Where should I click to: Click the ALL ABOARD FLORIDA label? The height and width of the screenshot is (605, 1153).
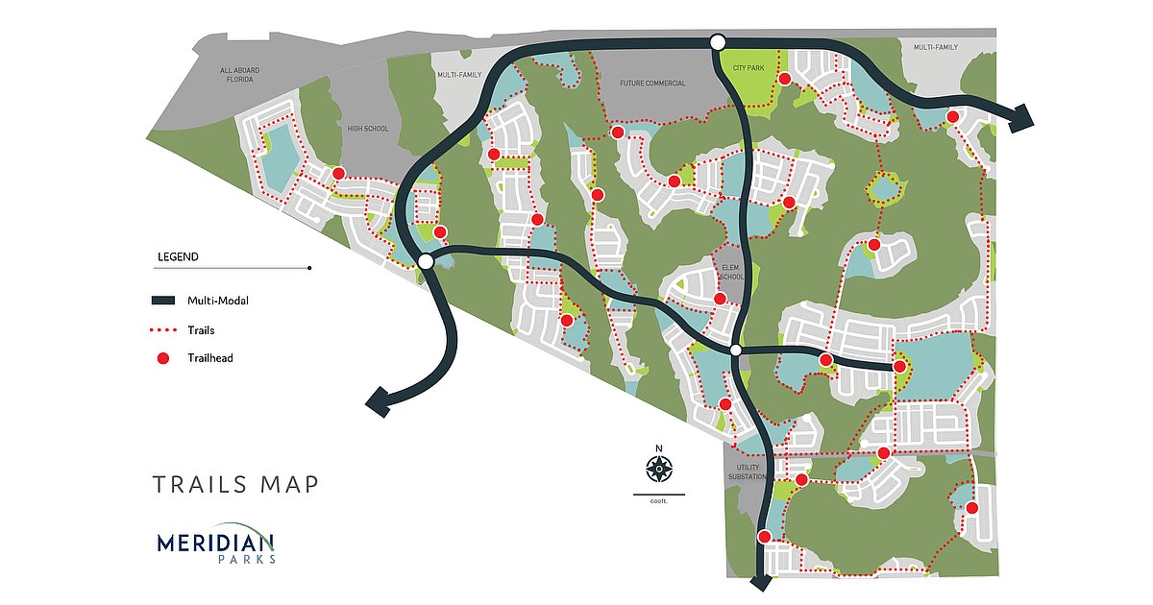pos(239,75)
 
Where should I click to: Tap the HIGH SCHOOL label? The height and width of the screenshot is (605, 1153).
pos(368,128)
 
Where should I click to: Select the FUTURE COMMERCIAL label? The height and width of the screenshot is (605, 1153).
pos(652,84)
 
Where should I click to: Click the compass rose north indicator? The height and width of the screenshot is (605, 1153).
pos(658,469)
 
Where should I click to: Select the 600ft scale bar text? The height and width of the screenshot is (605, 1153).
pos(658,502)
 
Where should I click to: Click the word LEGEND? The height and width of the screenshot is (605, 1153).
pos(177,257)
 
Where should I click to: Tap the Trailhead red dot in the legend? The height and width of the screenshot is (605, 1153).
pos(162,358)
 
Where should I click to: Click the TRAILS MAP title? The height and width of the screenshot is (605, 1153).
pos(235,484)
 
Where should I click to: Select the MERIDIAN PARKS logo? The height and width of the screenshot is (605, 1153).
pos(216,546)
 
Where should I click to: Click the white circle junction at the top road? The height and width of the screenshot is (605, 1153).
pos(717,41)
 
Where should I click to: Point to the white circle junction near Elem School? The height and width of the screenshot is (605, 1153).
pos(736,351)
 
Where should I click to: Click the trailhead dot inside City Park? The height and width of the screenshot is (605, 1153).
pos(784,79)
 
